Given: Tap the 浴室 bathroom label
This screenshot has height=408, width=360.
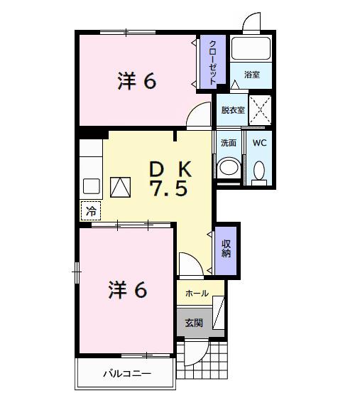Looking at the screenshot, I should point(251,74).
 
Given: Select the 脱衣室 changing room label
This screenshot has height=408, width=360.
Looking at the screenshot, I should point(232,110).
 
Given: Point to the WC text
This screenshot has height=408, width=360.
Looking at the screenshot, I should point(259,142).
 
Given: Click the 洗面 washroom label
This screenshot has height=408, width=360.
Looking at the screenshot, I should point(228,142).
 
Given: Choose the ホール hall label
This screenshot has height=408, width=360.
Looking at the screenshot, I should point(197,294).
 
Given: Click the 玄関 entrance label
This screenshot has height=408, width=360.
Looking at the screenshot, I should point(194,323).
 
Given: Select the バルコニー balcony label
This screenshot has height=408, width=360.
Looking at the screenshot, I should point(126,373).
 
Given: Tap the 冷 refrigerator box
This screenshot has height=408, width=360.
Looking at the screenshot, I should point(91,211).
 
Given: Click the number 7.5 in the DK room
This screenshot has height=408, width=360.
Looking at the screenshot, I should point(168,190).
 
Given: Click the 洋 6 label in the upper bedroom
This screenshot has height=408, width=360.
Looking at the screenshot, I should point(136,81).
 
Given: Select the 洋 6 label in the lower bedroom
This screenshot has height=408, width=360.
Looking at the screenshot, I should point(127,290).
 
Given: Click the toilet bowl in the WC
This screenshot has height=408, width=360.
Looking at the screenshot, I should point(259,171).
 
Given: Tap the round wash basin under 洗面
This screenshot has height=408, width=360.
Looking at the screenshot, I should point(228,168).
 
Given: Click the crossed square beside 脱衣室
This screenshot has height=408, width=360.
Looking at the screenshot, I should point(260,110).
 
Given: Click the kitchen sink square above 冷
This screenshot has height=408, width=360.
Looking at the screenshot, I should point(91,186).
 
